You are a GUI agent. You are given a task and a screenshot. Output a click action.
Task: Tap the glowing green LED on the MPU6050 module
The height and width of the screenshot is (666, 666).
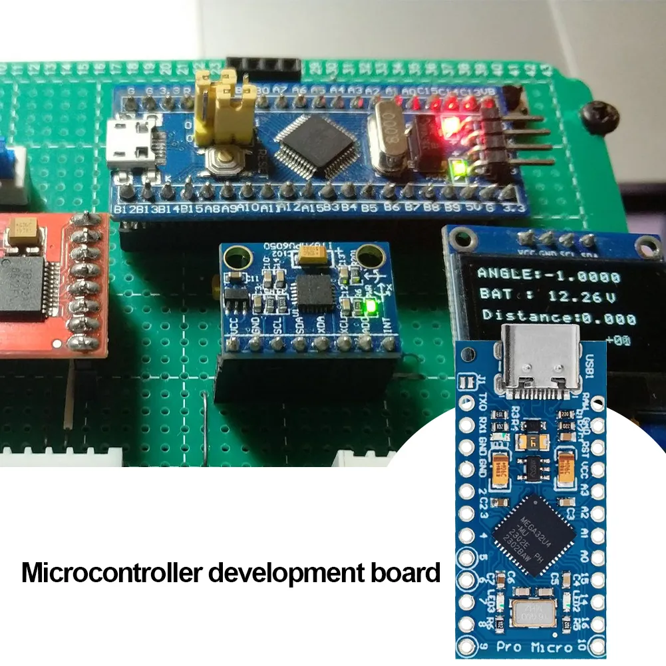370,308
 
